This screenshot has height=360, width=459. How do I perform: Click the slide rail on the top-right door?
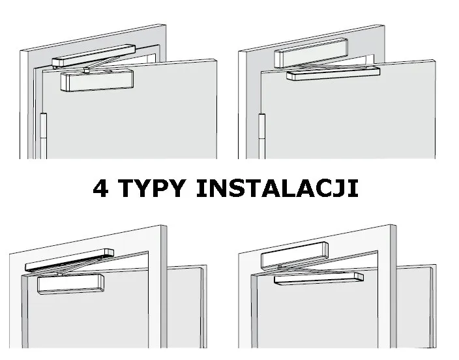pyautogui.click(x=333, y=72)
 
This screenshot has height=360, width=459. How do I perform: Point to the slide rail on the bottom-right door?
pyautogui.click(x=319, y=277)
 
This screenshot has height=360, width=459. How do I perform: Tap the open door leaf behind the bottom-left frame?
pyautogui.click(x=189, y=307)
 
